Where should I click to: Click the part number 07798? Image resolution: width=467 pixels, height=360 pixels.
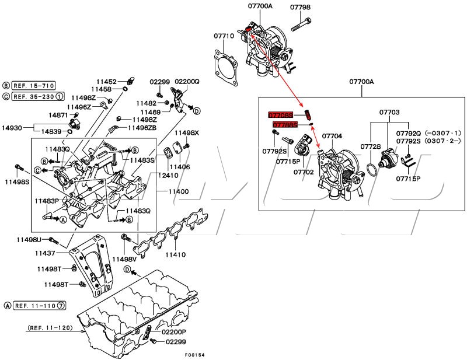[x=300, y=7]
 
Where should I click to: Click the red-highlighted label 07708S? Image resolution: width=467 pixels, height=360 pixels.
[x=281, y=114]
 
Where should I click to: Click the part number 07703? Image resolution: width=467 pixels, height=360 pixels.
[x=389, y=111]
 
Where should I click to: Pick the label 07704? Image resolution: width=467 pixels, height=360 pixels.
[x=332, y=136]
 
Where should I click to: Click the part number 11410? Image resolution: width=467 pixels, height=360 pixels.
[x=175, y=255]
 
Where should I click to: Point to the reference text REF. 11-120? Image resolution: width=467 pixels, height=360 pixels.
[x=50, y=328]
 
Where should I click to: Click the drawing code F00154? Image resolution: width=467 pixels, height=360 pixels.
[x=195, y=355]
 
